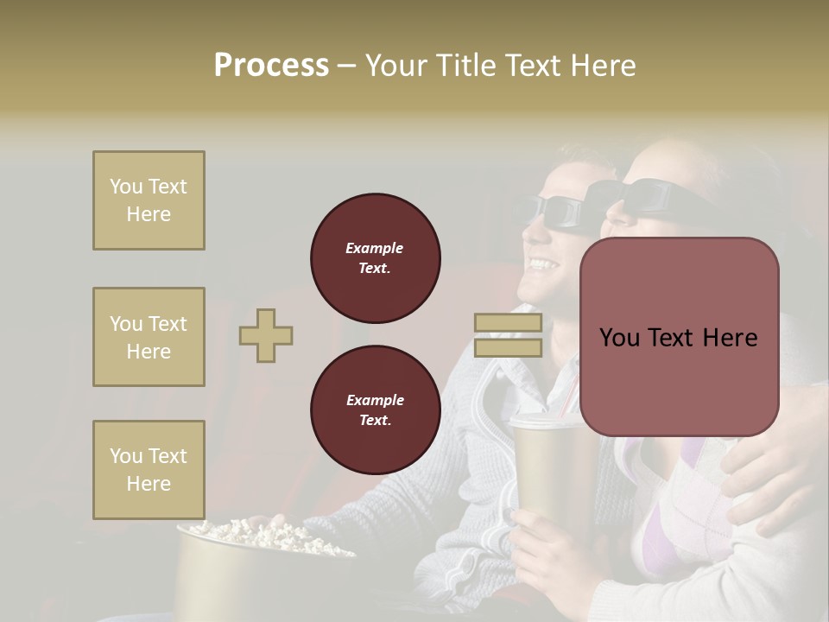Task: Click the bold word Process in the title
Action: click(271, 66)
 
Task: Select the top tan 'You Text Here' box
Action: click(149, 200)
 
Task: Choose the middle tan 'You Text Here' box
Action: click(149, 337)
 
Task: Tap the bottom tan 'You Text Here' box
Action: click(149, 469)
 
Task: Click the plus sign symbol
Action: click(266, 335)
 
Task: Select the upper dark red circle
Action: click(375, 257)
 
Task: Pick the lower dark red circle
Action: click(375, 409)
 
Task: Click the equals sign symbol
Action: click(508, 335)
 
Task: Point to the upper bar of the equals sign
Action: click(508, 323)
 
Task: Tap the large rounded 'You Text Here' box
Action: click(679, 337)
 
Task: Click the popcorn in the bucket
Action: click(259, 532)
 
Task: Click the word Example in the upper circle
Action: click(375, 248)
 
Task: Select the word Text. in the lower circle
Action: click(375, 420)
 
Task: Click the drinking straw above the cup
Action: click(566, 399)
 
